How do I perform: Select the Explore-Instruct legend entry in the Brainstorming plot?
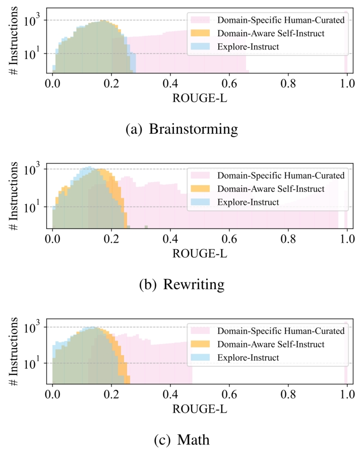247,47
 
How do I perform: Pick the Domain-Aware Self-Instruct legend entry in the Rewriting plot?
270,189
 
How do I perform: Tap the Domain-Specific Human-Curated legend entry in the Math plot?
280,331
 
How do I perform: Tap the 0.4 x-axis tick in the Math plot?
170,393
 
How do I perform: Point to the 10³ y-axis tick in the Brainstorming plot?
37,20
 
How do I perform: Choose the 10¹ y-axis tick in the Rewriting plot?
37,207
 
